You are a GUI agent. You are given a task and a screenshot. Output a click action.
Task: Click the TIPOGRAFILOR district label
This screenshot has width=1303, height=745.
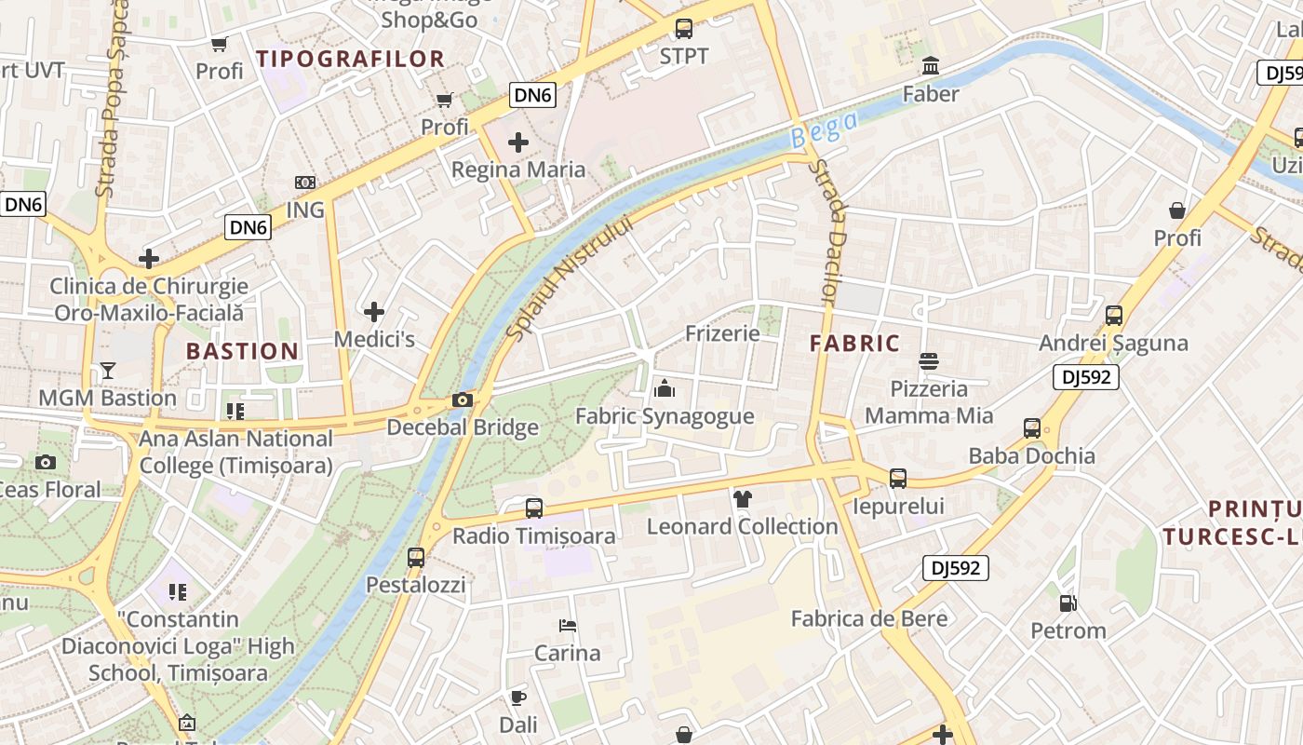(351, 59)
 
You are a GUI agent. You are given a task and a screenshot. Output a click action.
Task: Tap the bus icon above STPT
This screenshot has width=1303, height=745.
(684, 29)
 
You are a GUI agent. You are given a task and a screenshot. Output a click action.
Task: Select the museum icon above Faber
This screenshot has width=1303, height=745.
(930, 66)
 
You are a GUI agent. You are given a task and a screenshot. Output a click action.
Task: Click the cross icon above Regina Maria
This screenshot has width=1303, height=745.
(518, 142)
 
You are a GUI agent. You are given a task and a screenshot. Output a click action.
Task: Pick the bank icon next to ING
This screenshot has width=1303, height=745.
(304, 183)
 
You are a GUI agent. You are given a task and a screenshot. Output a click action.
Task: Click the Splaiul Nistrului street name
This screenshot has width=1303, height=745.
(570, 278)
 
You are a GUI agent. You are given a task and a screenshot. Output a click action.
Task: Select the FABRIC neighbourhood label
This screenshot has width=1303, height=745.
(854, 344)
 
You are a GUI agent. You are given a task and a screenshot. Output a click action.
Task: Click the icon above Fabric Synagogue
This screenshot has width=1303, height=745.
(665, 388)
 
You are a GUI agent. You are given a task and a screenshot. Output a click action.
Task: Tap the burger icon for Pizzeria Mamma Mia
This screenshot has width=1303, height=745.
(928, 360)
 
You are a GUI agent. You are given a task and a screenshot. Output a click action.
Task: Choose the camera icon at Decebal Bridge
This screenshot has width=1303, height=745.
(462, 400)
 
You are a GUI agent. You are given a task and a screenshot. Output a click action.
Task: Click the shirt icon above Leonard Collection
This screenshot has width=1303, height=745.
(742, 499)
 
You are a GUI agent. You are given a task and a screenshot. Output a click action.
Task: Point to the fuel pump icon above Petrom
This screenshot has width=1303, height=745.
(1068, 603)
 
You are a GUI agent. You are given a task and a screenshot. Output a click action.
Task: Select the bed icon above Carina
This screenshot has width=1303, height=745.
(567, 626)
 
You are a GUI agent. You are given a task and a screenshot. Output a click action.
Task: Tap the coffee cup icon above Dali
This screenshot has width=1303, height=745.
(518, 698)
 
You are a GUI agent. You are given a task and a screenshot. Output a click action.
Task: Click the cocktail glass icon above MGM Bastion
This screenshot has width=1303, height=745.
(108, 371)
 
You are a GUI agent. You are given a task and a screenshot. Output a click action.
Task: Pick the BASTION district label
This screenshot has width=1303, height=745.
(242, 351)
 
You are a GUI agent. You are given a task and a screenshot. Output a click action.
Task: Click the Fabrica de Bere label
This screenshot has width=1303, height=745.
(869, 618)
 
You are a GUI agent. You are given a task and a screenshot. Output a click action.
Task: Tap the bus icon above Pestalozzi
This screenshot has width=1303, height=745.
(416, 558)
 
